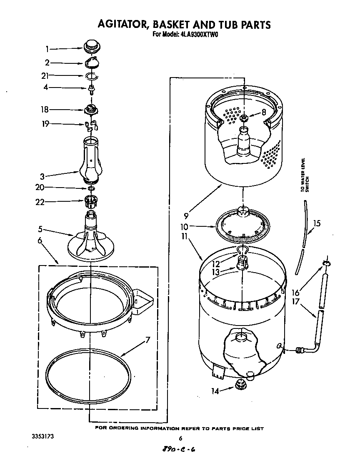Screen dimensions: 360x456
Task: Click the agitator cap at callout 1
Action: (91, 45)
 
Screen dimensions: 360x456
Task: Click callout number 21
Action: (45, 75)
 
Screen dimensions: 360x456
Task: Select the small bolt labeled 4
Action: (90, 88)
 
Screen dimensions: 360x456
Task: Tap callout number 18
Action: (44, 110)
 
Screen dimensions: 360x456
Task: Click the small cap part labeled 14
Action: (241, 384)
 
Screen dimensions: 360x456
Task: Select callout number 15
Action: (317, 223)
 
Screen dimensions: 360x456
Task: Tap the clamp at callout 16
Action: (326, 263)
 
